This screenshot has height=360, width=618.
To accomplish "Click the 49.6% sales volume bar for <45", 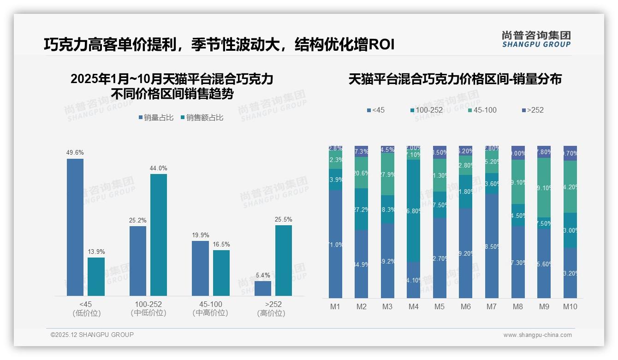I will [75, 227].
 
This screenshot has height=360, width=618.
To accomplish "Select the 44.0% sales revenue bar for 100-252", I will [158, 234].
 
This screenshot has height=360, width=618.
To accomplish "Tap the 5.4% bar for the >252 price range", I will [263, 288].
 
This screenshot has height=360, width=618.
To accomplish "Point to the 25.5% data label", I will [283, 219].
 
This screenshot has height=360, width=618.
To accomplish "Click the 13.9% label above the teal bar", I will [96, 252].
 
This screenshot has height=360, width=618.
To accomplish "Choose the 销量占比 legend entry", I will [156, 118].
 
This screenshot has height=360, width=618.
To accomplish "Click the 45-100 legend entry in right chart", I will [482, 110].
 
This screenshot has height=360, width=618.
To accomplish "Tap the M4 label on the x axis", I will [413, 306].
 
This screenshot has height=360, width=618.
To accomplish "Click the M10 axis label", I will [570, 306].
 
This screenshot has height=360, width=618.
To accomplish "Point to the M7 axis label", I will [492, 306].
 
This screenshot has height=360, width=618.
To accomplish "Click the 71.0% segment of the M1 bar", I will [335, 244].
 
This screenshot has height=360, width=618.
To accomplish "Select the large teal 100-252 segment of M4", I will [414, 211].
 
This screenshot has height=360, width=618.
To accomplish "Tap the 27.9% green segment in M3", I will [387, 174].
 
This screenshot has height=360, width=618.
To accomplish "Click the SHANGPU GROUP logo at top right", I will [536, 39].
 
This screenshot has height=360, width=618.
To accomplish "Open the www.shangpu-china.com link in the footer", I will [537, 335].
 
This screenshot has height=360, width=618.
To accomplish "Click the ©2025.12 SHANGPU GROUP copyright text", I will [92, 335].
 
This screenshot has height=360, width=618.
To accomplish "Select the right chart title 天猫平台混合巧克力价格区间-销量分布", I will [455, 79].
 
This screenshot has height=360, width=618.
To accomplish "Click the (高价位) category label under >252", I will [271, 313].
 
